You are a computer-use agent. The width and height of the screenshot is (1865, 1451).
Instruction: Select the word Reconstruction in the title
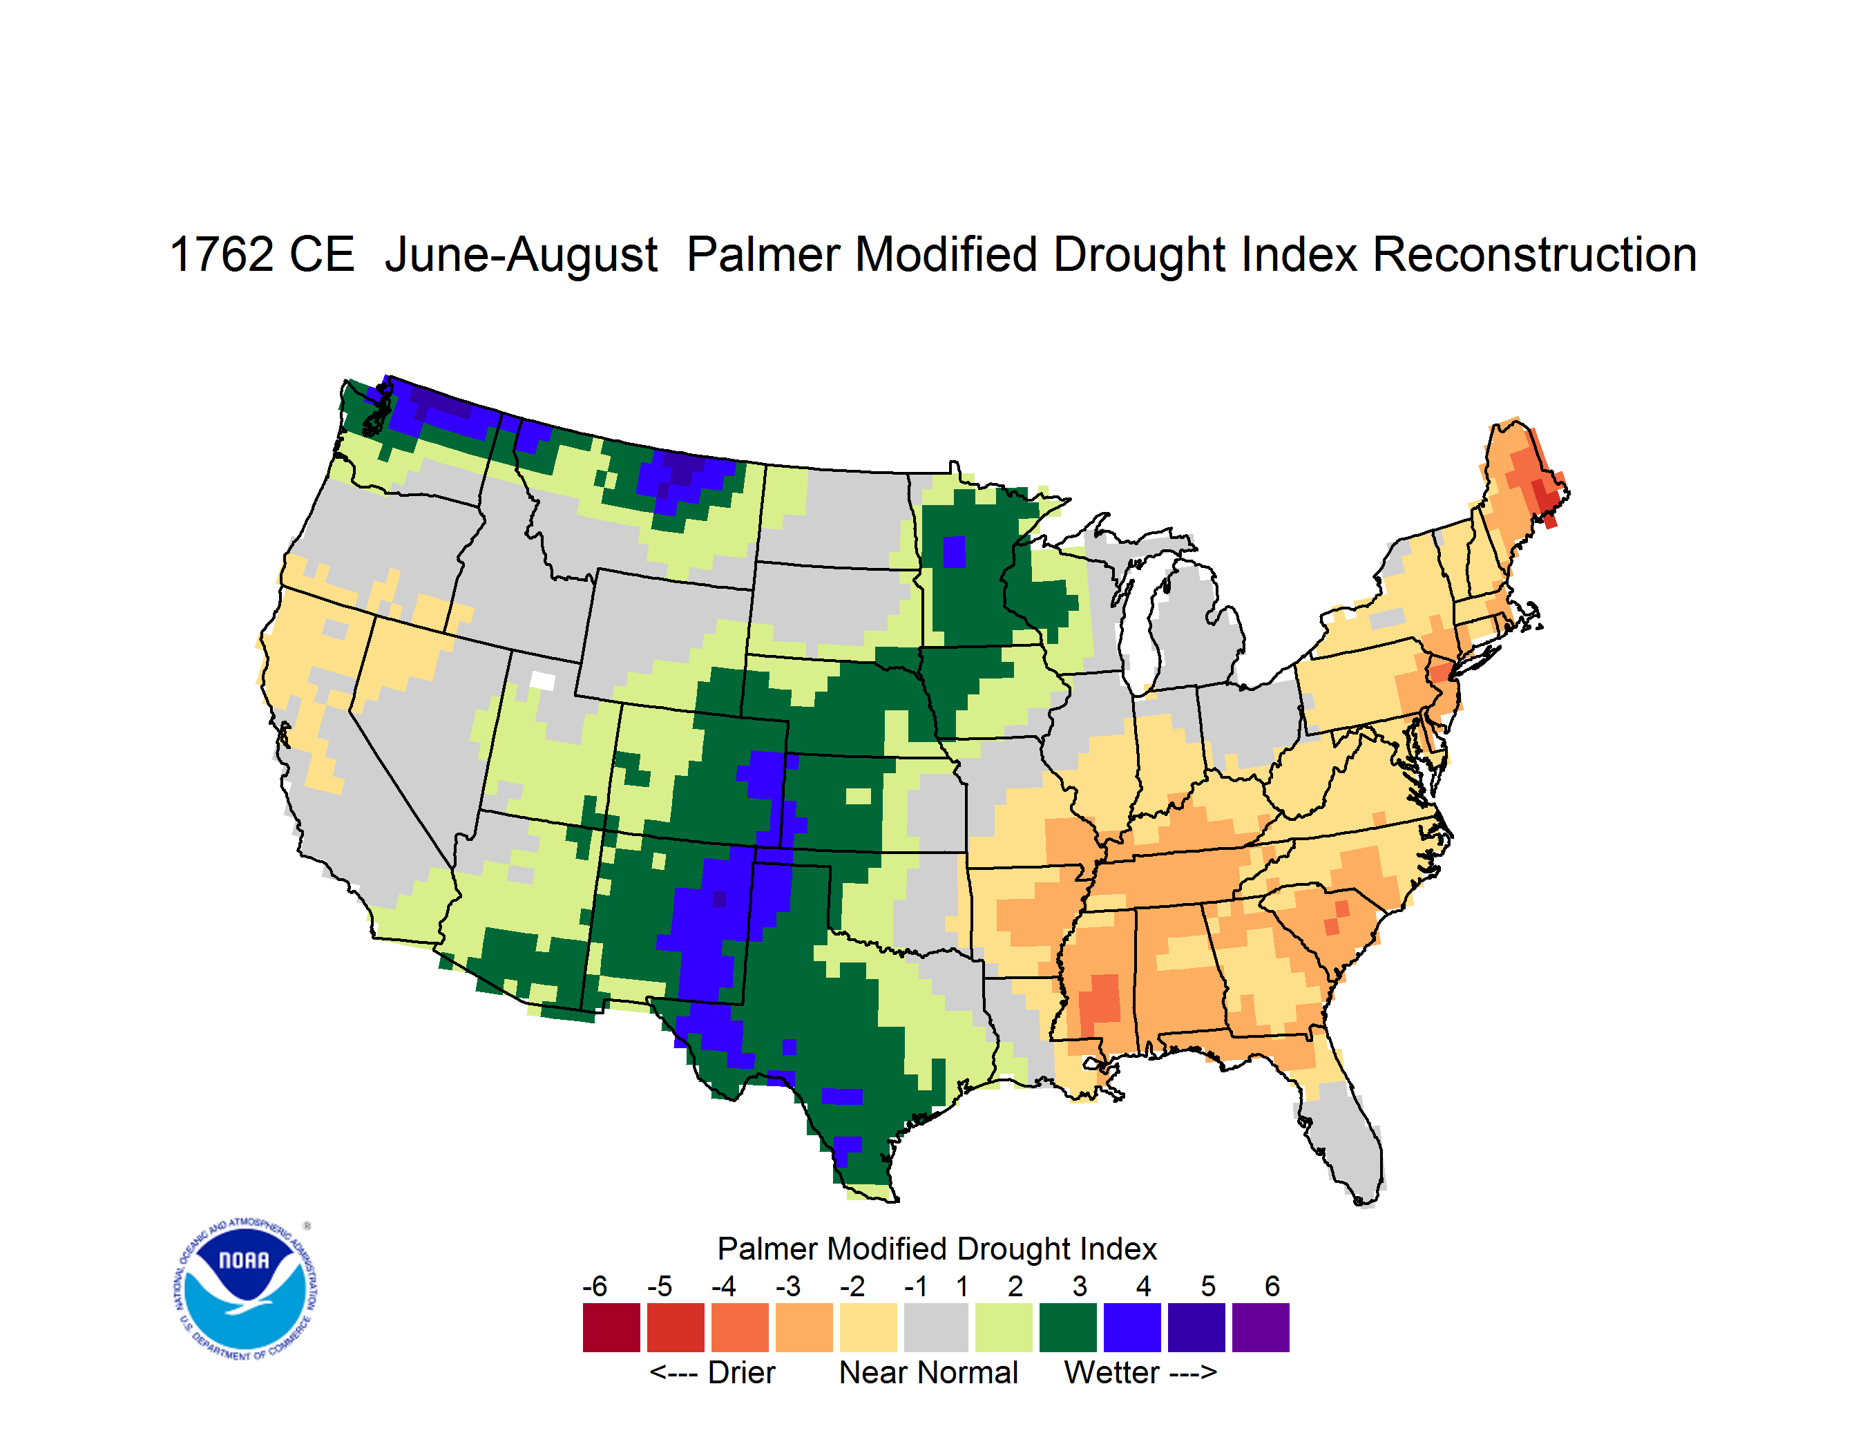point(1535,254)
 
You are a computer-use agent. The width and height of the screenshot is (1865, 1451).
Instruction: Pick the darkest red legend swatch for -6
point(611,1327)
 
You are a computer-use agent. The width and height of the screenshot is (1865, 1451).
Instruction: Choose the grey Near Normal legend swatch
point(936,1327)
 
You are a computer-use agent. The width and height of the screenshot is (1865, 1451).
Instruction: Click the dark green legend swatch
point(1067,1327)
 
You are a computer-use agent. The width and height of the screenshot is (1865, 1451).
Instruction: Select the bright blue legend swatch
point(1132,1327)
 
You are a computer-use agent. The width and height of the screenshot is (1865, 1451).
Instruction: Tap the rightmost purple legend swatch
point(1261,1327)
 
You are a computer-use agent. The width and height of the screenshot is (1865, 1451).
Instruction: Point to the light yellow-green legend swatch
point(1004,1327)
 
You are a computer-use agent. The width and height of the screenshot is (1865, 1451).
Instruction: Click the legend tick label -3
point(787,1286)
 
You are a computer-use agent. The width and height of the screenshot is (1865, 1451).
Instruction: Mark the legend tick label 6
point(1272,1286)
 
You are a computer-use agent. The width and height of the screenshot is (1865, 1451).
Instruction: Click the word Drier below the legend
point(741,1372)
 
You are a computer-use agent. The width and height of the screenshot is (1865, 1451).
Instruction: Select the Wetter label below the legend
point(1111,1372)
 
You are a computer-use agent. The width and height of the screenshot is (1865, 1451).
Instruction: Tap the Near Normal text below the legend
point(928,1372)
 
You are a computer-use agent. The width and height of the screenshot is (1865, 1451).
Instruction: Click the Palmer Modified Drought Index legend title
point(937,1249)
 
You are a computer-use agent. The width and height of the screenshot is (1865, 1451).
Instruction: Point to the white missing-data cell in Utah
point(542,681)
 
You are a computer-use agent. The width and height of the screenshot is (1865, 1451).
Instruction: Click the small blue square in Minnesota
point(954,551)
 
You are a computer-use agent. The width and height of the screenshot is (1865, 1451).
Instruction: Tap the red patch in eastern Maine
point(1546,499)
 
